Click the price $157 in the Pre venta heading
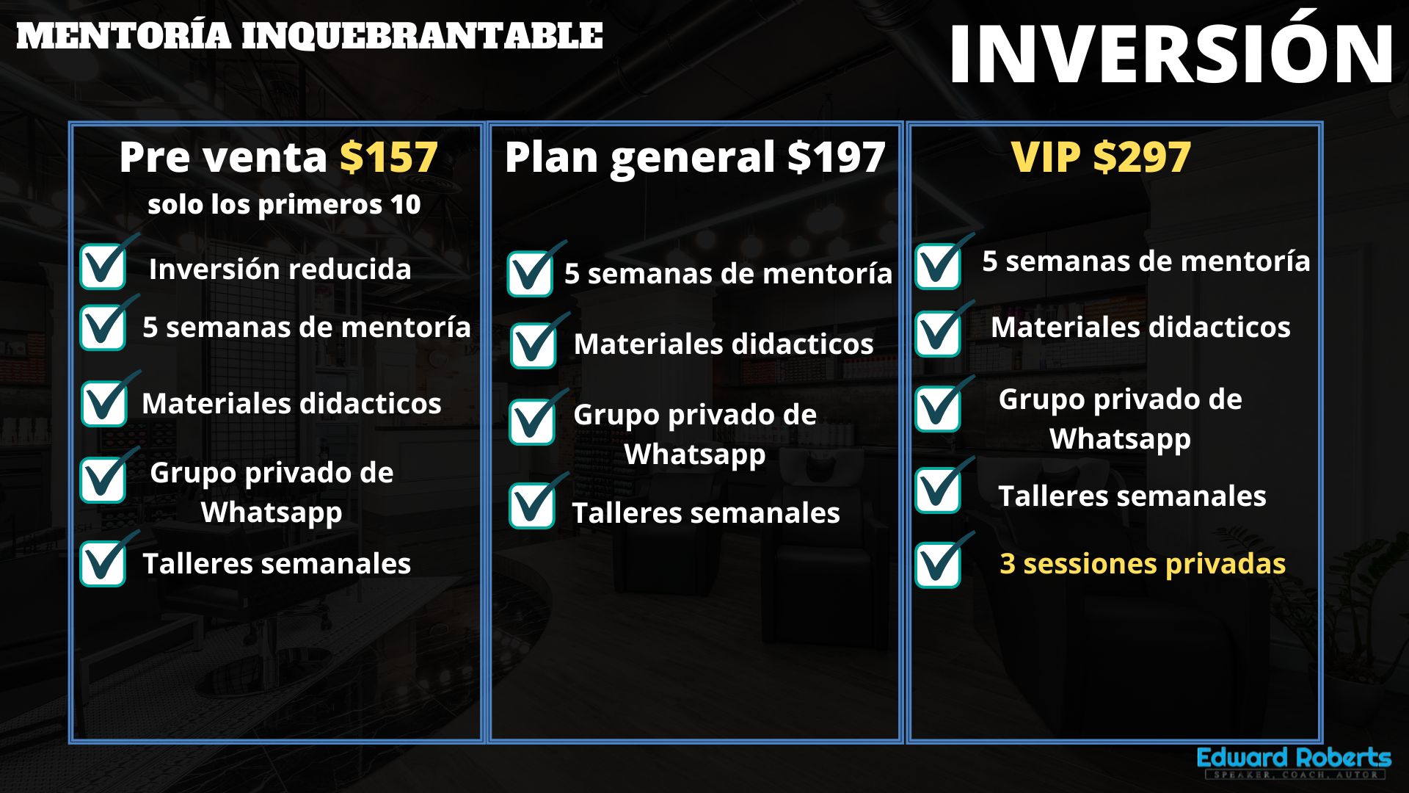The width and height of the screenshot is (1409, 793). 389,157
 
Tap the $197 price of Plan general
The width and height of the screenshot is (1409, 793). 836,157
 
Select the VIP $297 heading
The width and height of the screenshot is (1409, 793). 1101,157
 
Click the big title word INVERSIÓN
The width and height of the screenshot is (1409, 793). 1171,53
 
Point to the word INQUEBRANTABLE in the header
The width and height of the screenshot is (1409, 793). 422,36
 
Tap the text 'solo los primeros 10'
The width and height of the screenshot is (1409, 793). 284,205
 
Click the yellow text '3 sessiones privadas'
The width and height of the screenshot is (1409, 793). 1143,564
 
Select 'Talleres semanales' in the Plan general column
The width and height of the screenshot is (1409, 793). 706,513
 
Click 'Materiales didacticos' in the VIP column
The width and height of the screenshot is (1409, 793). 1140,327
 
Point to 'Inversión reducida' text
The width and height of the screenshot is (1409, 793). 280,269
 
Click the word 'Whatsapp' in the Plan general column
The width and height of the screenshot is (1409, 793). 695,455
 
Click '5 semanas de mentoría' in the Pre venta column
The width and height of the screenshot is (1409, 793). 307,327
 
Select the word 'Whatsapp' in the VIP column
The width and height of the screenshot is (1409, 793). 1120,439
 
